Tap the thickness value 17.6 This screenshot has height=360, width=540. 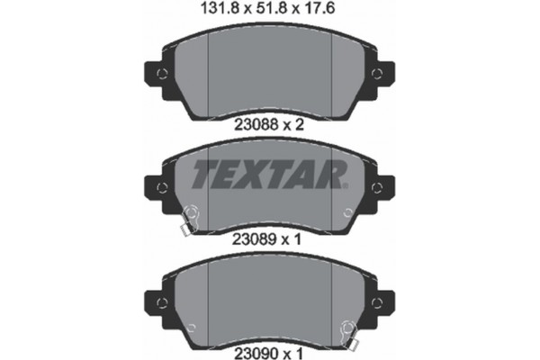point(321,11)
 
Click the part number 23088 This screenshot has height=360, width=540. point(252,126)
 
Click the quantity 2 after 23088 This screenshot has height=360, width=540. point(301,126)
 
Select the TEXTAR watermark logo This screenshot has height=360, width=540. point(268,173)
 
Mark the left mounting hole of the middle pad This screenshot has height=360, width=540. point(162,186)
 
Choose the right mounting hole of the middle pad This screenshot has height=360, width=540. point(376,186)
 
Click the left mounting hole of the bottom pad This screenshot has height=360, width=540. point(162,300)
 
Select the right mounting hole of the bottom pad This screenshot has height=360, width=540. point(376,300)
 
